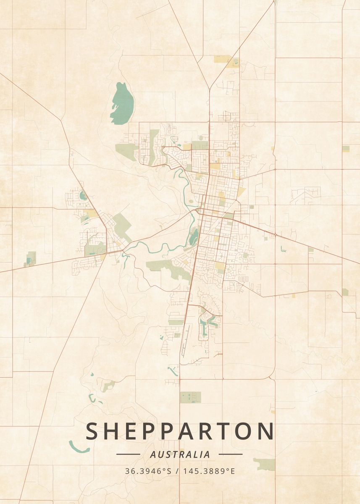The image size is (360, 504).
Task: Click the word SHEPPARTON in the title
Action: [x=180, y=431]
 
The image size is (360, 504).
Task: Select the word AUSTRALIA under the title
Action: [x=180, y=454]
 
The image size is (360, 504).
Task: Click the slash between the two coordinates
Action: [x=178, y=471]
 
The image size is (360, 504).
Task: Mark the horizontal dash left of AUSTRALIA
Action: [x=128, y=454]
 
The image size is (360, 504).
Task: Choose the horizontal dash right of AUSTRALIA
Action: [x=231, y=454]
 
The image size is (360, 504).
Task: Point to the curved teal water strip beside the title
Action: [x=79, y=448]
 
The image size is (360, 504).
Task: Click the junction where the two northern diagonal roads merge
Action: [x=209, y=89]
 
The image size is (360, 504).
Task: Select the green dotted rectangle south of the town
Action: [x=190, y=397]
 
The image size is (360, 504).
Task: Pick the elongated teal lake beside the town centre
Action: [x=194, y=237]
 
